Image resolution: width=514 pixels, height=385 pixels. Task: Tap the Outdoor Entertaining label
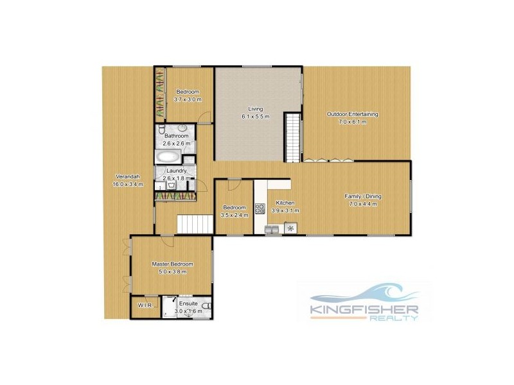pos(353,114)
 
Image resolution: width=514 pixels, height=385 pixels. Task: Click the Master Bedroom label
pos(172,264)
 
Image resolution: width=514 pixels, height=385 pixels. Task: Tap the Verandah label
pos(125,176)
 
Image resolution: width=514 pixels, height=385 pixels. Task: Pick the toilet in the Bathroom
pos(162,130)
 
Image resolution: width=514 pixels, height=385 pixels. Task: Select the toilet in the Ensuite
pos(206,309)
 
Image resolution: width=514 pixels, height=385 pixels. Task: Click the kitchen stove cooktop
pos(260,208)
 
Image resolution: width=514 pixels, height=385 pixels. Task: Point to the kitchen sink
pos(272,227)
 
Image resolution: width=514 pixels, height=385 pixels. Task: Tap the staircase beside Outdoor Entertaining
pos(293,137)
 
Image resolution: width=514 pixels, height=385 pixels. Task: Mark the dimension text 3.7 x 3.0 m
pos(188,99)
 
